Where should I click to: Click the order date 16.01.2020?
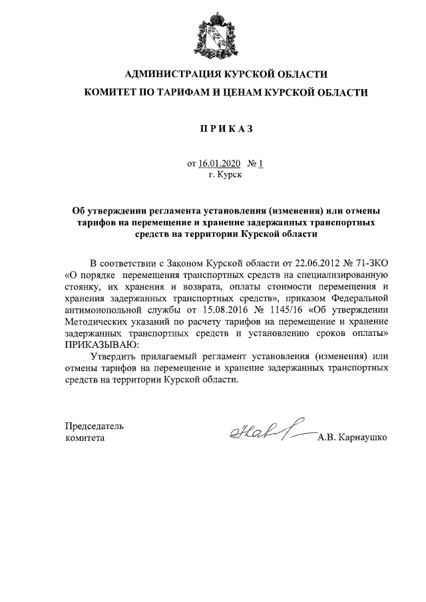[216, 164]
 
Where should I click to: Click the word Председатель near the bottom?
[94, 426]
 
